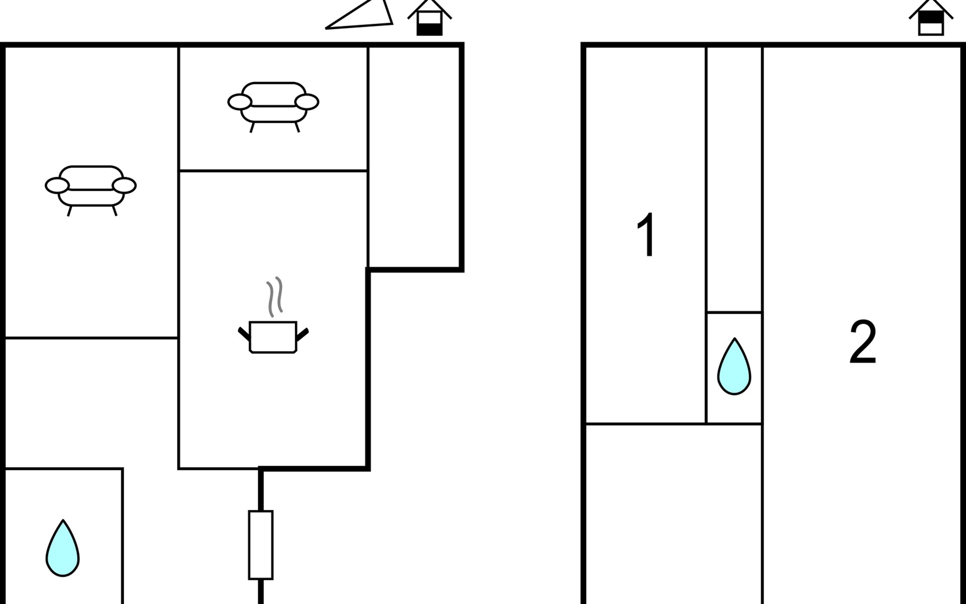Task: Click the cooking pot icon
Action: point(273,337)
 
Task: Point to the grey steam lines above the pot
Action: point(274,297)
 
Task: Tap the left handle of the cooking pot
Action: point(244,333)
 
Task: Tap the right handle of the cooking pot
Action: point(302,333)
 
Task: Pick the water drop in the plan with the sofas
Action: point(63,548)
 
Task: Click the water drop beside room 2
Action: point(734,366)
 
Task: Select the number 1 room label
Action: point(646,235)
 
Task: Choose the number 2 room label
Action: point(863,342)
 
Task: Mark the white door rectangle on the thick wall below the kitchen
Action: point(261,545)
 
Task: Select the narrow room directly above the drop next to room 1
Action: point(734,180)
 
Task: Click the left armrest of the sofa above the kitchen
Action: point(239,102)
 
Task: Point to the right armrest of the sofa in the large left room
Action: point(124,186)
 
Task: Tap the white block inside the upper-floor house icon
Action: point(931,29)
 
